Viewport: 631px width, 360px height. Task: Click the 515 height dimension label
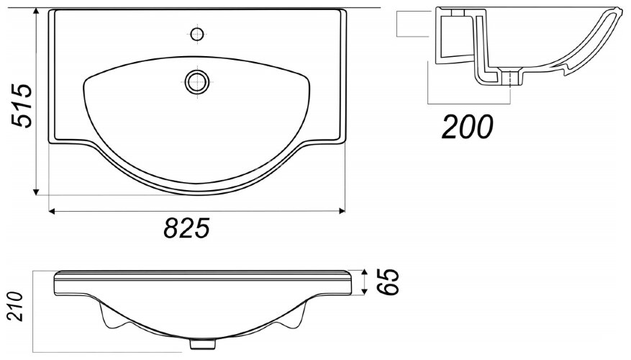[22, 106]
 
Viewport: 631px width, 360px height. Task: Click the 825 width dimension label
[186, 229]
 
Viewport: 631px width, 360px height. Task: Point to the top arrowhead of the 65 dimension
[364, 271]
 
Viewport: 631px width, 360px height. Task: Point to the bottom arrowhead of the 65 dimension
[364, 294]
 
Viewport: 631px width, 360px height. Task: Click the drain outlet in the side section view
[510, 78]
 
